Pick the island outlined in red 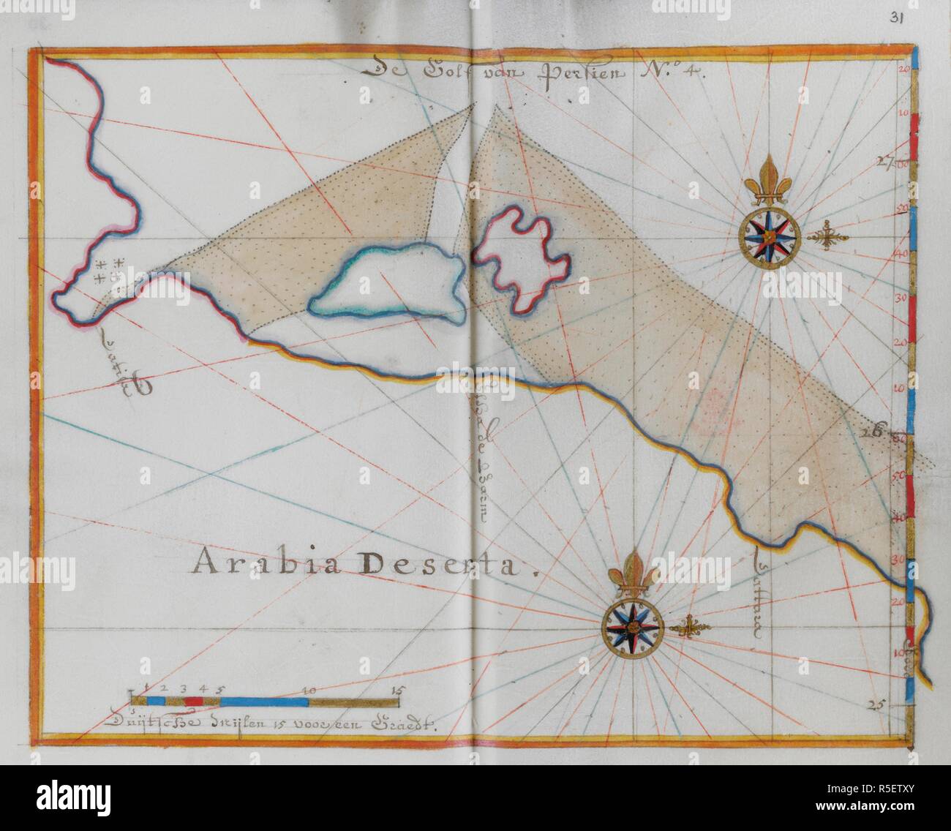click(x=522, y=257)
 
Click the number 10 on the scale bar click(x=309, y=689)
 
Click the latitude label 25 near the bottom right click(x=877, y=704)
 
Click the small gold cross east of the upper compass click(x=827, y=237)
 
